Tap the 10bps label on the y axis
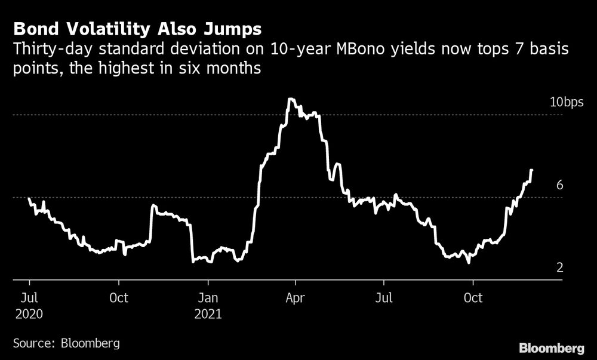(x=566, y=103)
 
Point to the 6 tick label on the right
(x=560, y=185)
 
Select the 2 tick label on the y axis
(x=560, y=267)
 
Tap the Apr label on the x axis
(x=296, y=297)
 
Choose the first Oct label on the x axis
(x=118, y=297)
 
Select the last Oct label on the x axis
(x=473, y=297)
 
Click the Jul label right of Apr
(x=384, y=297)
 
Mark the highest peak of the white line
(x=290, y=99)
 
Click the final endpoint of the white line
(x=531, y=170)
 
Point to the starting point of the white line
(x=29, y=198)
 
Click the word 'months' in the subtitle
(x=237, y=69)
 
